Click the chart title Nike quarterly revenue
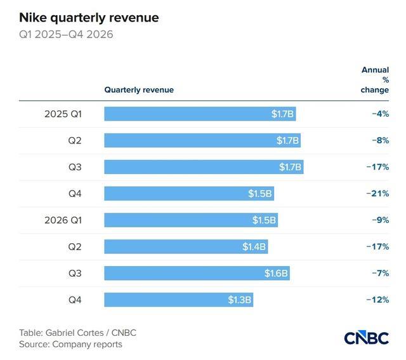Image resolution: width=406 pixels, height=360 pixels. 89,18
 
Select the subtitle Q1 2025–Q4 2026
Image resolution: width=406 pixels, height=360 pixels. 66,34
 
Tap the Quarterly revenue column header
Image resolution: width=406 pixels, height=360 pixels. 139,90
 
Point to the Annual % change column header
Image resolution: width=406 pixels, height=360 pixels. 375,80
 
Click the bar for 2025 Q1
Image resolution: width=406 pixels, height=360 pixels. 200,114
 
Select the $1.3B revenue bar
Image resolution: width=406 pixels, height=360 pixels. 179,300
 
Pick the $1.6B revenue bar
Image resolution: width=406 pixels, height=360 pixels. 197,273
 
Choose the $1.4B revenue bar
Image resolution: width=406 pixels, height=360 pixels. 186,246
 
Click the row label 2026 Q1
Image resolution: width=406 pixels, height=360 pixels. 63,220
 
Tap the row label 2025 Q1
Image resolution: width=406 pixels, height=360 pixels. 63,114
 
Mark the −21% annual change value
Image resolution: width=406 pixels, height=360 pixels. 377,194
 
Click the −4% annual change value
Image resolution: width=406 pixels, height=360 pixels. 381,114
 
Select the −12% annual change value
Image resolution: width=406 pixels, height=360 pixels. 377,300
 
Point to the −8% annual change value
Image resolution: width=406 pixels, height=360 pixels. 381,140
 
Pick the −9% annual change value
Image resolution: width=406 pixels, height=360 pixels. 381,220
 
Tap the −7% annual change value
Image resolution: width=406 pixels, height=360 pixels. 381,273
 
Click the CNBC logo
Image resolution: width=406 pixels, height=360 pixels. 367,337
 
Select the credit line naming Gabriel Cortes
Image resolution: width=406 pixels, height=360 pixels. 77,333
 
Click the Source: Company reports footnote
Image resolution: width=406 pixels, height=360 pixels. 70,344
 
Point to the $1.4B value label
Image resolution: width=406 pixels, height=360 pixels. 254,246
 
